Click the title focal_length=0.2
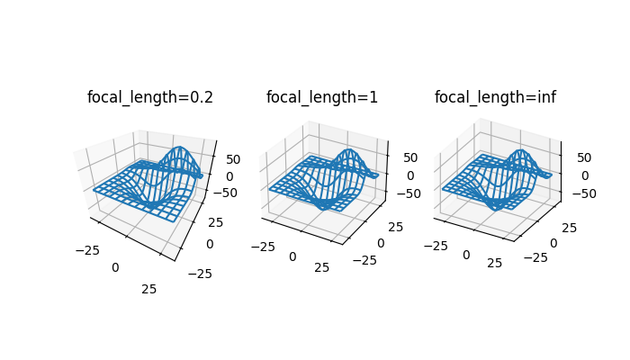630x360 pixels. (x=149, y=97)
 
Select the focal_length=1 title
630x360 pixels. (x=322, y=97)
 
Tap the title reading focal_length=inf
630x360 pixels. (x=495, y=97)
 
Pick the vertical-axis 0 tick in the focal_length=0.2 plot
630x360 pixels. (x=229, y=175)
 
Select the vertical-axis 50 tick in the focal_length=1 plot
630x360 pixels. (x=410, y=157)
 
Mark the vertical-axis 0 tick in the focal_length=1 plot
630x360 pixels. (x=410, y=175)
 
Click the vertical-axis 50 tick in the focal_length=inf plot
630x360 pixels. (x=584, y=157)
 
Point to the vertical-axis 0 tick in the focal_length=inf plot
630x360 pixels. (x=584, y=175)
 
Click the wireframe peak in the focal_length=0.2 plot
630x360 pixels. (x=180, y=148)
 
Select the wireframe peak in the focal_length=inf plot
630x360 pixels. (x=520, y=150)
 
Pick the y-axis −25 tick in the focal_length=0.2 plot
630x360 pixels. (x=202, y=274)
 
